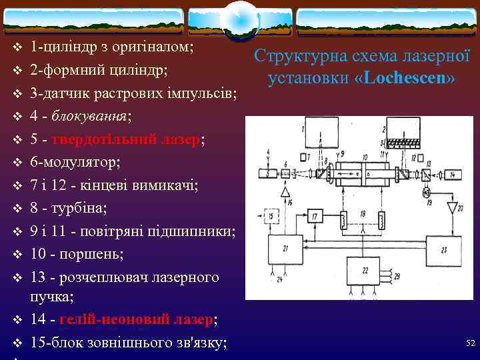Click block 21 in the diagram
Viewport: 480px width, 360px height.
(287, 251)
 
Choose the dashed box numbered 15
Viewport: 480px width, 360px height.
(271, 216)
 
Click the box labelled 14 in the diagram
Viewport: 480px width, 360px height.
(451, 174)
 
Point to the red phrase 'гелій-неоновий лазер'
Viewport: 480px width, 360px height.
(136, 320)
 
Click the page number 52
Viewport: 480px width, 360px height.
(470, 343)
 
